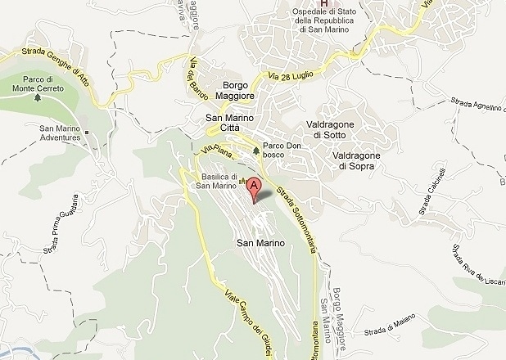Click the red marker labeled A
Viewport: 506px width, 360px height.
[x=254, y=187]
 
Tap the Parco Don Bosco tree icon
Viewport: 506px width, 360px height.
[x=257, y=151]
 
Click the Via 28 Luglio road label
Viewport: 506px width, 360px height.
[x=292, y=76]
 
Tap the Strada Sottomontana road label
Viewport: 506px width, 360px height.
[x=296, y=210]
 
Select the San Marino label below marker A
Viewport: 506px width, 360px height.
[x=260, y=243]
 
